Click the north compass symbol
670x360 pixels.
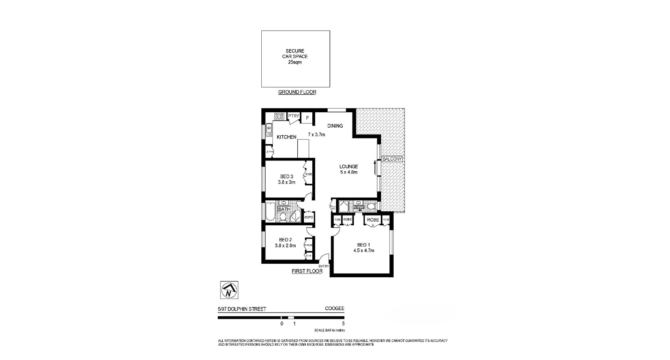click(x=229, y=290)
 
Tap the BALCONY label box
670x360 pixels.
click(x=392, y=159)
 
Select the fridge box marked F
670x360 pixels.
click(x=307, y=118)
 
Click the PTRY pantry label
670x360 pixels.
click(x=293, y=116)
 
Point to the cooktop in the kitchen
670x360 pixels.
click(x=279, y=116)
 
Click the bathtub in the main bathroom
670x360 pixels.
click(x=270, y=211)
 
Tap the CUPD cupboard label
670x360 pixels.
click(x=308, y=217)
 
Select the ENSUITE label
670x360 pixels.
click(x=359, y=207)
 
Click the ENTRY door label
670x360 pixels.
click(x=323, y=266)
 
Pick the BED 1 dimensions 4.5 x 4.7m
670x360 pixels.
click(x=364, y=250)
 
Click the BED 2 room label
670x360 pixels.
click(x=285, y=240)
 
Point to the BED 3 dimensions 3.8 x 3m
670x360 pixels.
click(x=286, y=182)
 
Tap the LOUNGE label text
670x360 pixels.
click(x=349, y=166)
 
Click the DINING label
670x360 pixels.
click(x=335, y=126)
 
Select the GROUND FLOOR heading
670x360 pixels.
click(x=297, y=92)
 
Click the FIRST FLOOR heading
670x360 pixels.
click(x=307, y=271)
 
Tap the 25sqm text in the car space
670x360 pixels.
click(x=295, y=62)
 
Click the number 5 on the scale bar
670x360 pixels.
click(x=343, y=323)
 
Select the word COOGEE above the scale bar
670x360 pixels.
click(x=334, y=308)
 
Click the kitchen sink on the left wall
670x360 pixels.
click(x=269, y=130)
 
